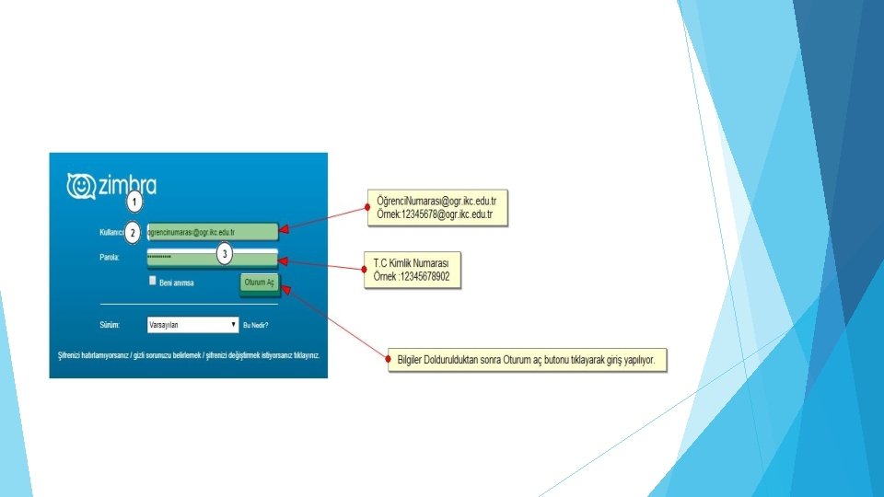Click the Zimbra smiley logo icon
81,186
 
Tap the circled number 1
134,201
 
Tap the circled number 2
133,233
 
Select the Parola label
110,258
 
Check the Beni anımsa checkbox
153,281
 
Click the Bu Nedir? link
257,325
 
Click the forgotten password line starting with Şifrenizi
187,355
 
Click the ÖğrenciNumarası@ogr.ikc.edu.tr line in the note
437,201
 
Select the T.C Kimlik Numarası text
411,263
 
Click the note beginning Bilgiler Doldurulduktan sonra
526,361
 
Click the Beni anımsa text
178,282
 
